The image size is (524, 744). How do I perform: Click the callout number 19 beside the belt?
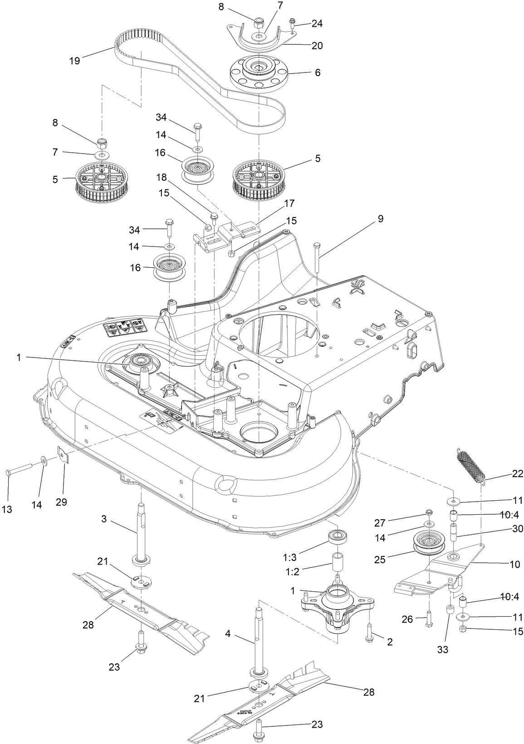click(x=74, y=61)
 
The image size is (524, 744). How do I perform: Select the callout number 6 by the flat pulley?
click(x=318, y=72)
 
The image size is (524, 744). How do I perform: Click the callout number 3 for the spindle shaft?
click(x=104, y=519)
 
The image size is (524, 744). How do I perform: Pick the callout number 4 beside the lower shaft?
click(x=228, y=633)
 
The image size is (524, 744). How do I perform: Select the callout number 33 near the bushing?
click(x=443, y=649)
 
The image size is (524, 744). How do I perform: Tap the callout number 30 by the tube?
click(x=517, y=528)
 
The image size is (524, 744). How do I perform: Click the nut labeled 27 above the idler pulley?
click(x=428, y=513)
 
